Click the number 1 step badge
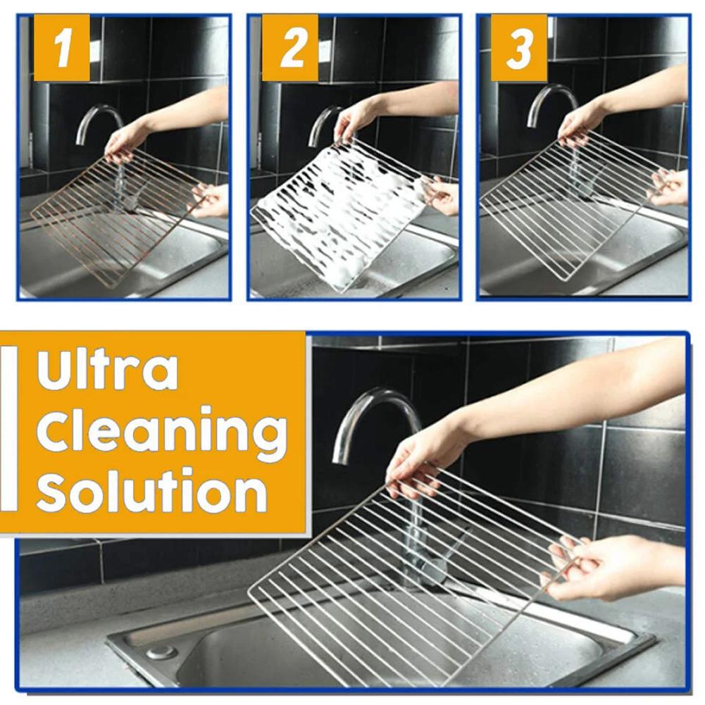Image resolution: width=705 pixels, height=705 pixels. click(62, 48)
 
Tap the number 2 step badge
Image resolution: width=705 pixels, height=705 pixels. click(290, 48)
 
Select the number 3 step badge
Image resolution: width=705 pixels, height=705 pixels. click(518, 48)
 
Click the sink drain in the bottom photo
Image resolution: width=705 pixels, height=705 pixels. click(162, 652)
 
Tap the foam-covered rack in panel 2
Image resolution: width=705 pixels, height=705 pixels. click(338, 211)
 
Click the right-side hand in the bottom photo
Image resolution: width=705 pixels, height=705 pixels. click(606, 567)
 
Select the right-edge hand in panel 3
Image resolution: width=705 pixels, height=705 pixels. click(669, 187)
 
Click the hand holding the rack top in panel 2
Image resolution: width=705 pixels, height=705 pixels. click(356, 120)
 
